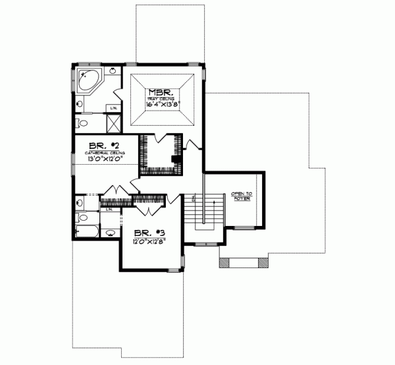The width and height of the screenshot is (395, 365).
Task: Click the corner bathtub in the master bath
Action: pyautogui.click(x=88, y=82)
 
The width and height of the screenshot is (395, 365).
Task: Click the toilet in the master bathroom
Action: pyautogui.click(x=82, y=124)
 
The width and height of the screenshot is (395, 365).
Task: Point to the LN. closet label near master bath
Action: pyautogui.click(x=114, y=107)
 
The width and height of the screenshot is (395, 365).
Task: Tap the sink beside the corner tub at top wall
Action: pyautogui.click(x=113, y=70)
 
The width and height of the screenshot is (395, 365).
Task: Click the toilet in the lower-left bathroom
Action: pyautogui.click(x=81, y=217)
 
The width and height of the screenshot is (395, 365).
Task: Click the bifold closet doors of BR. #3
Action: pyautogui.click(x=149, y=210)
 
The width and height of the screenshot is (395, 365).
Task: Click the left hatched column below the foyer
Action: pyautogui.click(x=224, y=264)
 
